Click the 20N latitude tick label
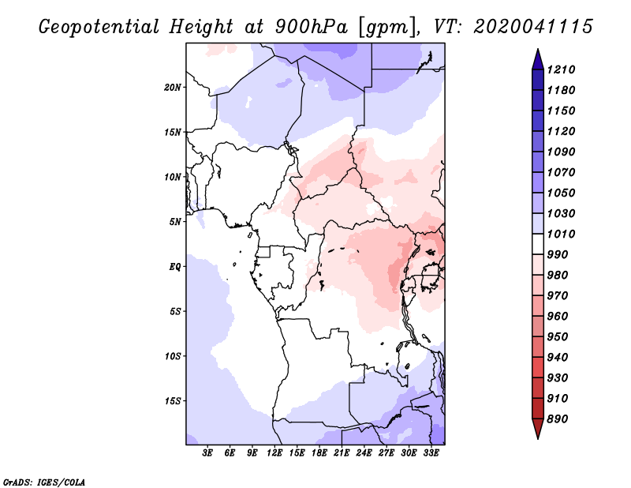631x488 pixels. click(x=172, y=88)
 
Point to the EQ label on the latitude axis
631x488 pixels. click(x=174, y=267)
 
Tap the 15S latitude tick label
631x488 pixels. click(x=172, y=401)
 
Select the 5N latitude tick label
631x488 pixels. click(x=174, y=222)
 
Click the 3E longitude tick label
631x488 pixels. click(x=207, y=453)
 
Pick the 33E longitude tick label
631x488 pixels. click(x=431, y=453)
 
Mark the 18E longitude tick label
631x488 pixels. click(x=319, y=453)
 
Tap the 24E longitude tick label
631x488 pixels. click(x=364, y=453)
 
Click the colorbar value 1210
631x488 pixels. click(x=561, y=69)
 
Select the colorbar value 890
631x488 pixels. click(x=558, y=419)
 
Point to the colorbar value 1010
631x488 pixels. click(x=561, y=234)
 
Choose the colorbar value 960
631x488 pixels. click(x=558, y=317)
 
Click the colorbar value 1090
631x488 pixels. click(x=561, y=152)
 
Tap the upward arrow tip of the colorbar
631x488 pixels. click(x=538, y=49)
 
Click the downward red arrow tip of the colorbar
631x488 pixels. click(x=538, y=438)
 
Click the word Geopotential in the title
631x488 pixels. click(x=99, y=28)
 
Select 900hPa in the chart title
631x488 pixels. click(x=311, y=27)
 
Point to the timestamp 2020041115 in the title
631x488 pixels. click(x=533, y=27)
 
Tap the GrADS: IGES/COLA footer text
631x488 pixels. click(x=44, y=482)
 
